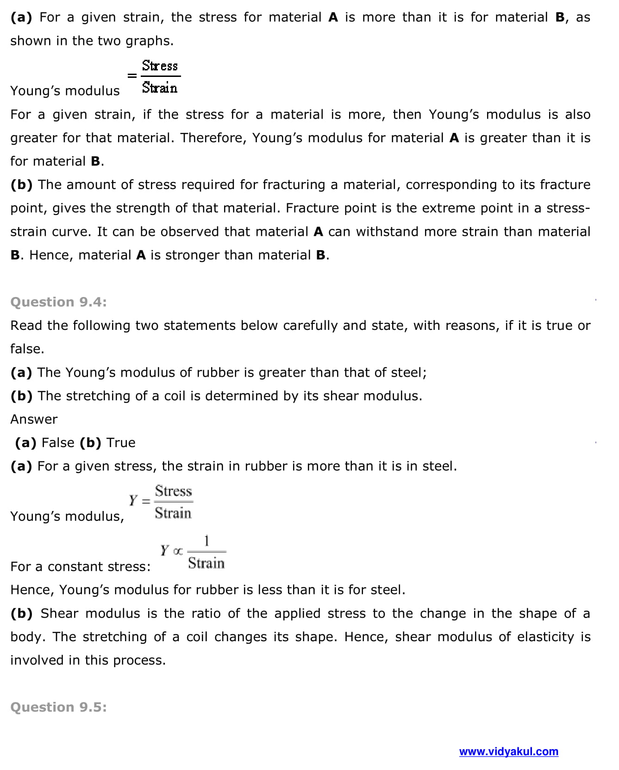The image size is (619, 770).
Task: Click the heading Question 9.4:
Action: (58, 302)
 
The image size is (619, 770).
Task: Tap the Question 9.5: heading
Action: (58, 707)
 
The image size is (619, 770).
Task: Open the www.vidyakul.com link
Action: (508, 751)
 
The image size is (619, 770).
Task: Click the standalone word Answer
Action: (34, 419)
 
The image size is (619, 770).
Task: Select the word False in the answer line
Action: (58, 443)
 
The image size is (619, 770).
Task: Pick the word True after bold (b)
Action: (121, 443)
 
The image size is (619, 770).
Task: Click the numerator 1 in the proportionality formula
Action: (206, 541)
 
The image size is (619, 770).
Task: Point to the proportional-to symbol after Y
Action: (178, 551)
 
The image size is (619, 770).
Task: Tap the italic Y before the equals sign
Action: (133, 500)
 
